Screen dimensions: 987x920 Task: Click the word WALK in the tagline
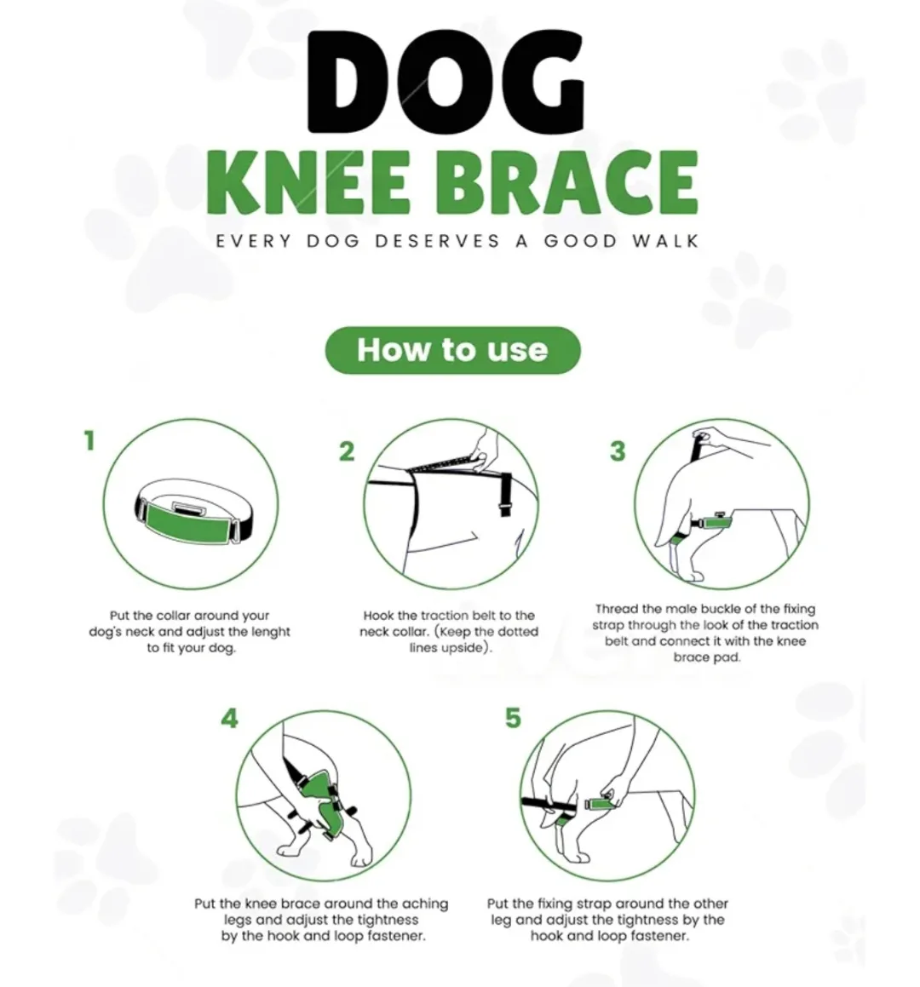(664, 241)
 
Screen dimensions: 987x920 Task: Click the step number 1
(89, 441)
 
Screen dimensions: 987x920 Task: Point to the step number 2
(346, 451)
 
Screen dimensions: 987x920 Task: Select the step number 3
(618, 451)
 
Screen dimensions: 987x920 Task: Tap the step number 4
(229, 719)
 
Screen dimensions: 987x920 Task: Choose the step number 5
(512, 718)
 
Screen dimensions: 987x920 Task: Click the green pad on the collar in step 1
(187, 522)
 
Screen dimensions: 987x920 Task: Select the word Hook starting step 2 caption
(378, 615)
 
